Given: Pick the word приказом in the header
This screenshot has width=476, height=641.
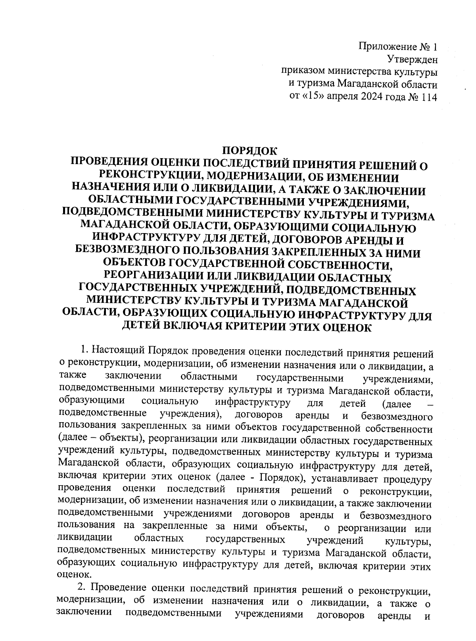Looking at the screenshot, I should [x=302, y=72].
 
